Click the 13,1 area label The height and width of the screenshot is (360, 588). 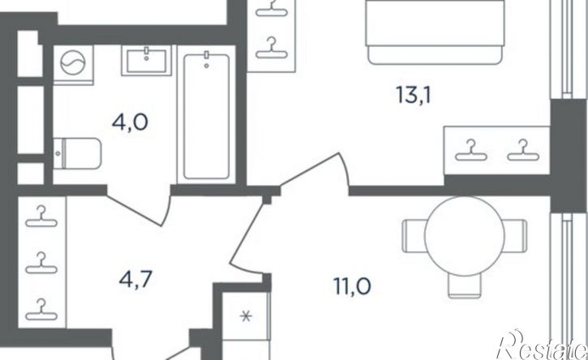pos(414,95)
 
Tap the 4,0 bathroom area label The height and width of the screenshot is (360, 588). pos(130,122)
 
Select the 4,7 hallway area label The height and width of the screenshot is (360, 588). pos(135,280)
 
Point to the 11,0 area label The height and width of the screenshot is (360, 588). pos(353,287)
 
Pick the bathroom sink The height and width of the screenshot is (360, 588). pos(146,60)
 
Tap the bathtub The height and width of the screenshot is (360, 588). pos(207,116)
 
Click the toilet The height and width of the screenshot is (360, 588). pos(77,153)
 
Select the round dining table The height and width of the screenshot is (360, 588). pos(464,236)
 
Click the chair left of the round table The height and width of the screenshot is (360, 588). pos(414,236)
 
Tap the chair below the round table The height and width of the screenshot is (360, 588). pos(464,286)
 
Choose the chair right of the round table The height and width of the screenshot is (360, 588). pos(515,236)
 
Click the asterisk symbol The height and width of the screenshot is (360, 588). pos(246,317)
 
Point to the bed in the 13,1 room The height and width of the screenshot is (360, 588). pos(435,32)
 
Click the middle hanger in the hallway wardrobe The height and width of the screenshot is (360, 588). pos(41,263)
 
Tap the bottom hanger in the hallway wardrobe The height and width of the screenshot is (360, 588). pos(41,310)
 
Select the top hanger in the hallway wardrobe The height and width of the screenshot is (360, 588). pos(41,216)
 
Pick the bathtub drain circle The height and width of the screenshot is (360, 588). pos(206,66)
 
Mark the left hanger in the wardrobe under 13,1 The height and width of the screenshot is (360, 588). pos(470,150)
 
